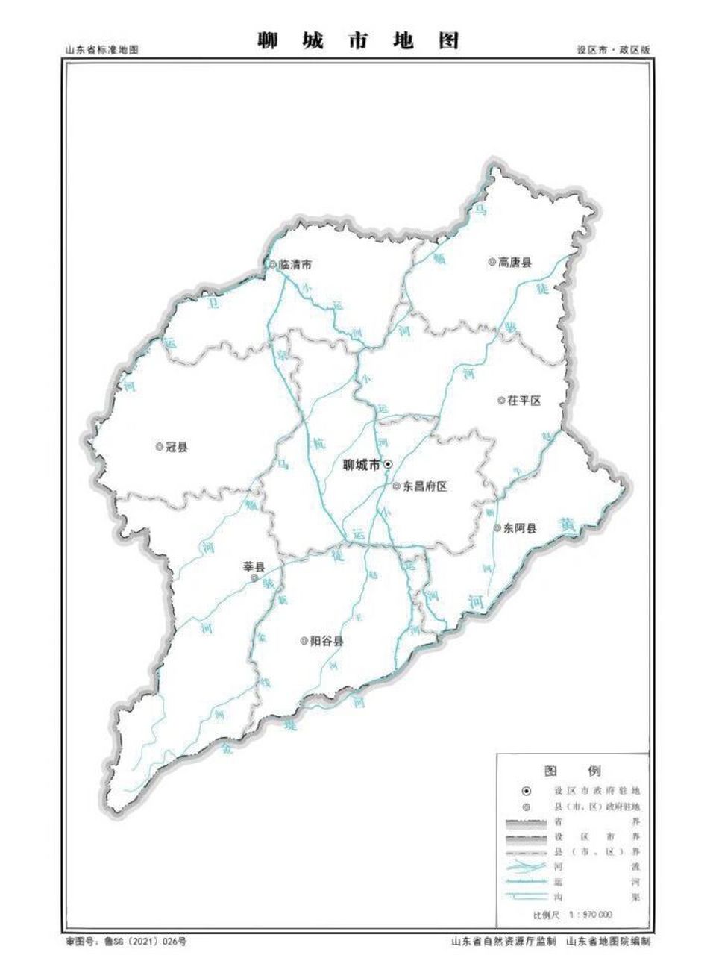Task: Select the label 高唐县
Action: click(x=515, y=263)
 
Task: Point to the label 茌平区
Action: click(x=524, y=401)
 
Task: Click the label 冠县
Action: click(x=177, y=447)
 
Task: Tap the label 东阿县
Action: click(x=520, y=528)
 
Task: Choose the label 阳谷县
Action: click(x=327, y=641)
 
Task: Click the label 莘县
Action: click(x=254, y=566)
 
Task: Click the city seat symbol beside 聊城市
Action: click(x=388, y=464)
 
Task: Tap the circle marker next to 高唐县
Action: click(x=492, y=262)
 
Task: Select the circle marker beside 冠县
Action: click(x=159, y=446)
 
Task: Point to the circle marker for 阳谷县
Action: click(x=304, y=640)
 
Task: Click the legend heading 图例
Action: click(x=573, y=771)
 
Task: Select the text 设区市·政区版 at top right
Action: click(x=613, y=50)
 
